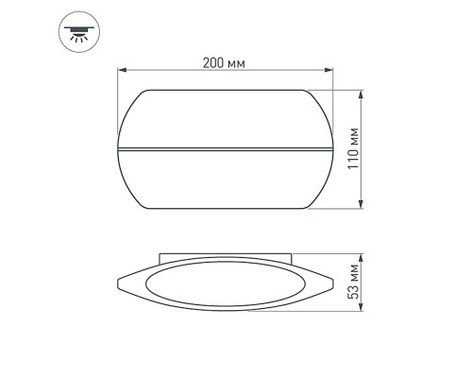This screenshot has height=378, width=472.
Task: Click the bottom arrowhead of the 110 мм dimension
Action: [362, 207]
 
